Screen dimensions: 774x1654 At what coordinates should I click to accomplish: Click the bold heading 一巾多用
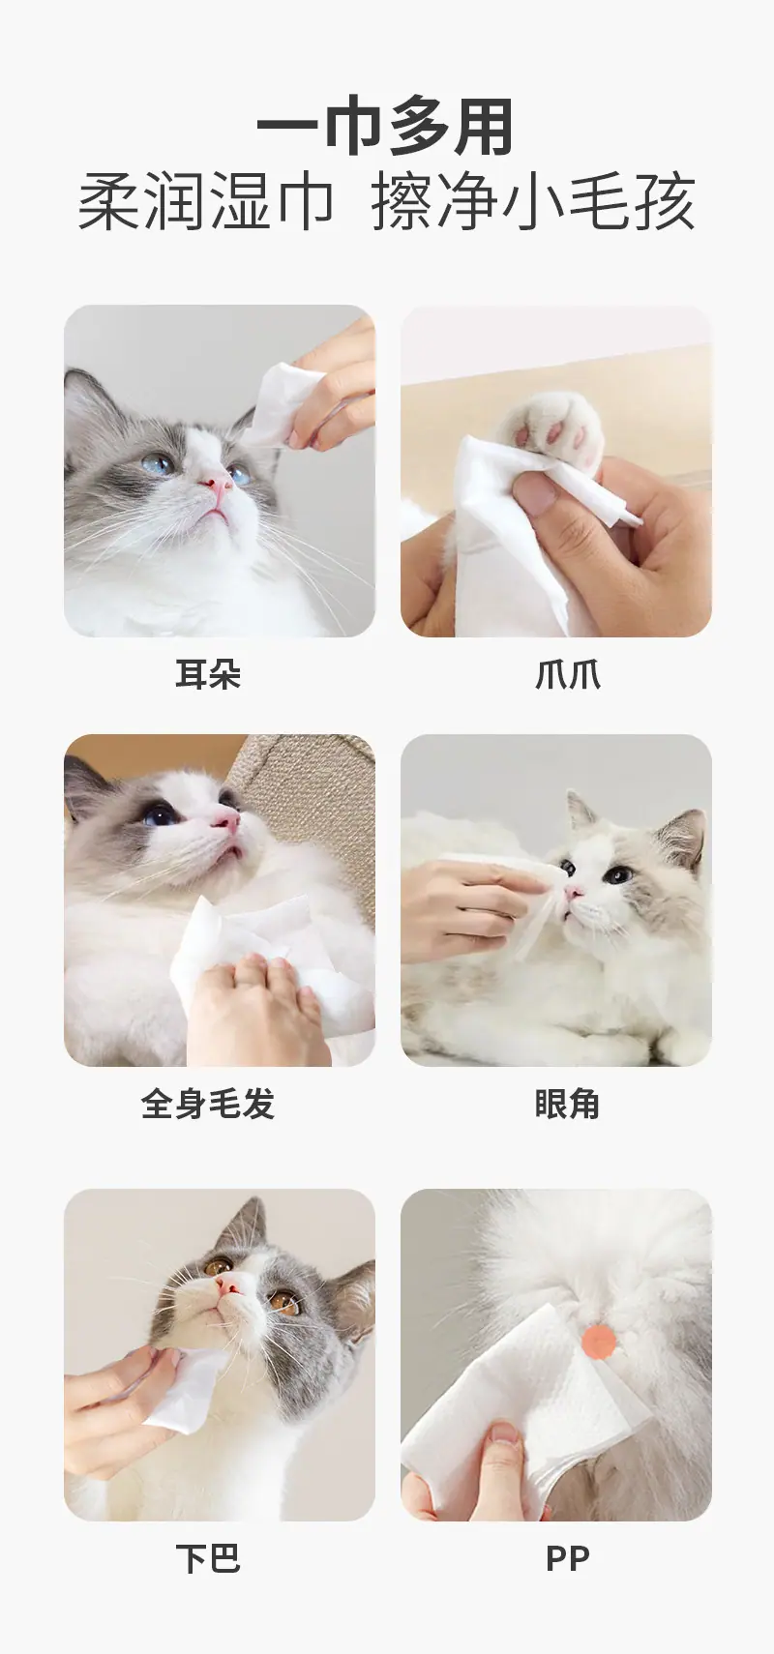(385, 127)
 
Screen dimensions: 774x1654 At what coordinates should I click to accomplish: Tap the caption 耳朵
(208, 674)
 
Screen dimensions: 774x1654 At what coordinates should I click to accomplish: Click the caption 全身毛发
(208, 1104)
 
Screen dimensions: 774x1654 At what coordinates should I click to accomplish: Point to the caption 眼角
(567, 1104)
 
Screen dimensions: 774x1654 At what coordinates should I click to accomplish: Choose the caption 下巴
(208, 1559)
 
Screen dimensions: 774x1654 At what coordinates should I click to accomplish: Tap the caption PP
(567, 1559)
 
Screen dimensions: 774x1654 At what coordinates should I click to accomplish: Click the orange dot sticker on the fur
(599, 1339)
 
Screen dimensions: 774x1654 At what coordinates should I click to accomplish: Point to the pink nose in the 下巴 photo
(229, 1284)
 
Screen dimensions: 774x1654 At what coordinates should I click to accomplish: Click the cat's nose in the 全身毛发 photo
(226, 817)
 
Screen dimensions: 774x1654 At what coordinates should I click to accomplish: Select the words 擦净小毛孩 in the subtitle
(533, 200)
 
